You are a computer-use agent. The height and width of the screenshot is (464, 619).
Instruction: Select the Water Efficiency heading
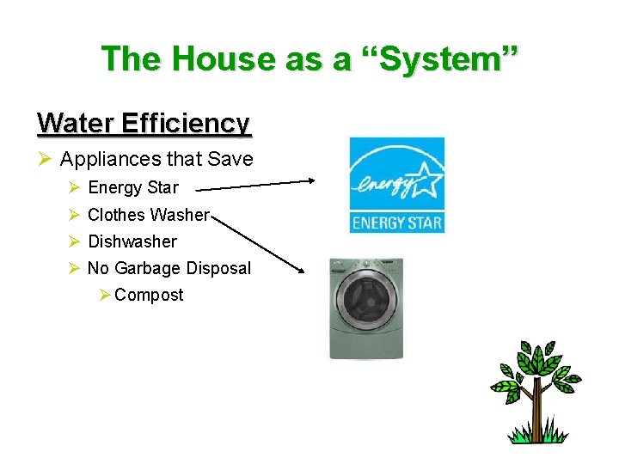(144, 124)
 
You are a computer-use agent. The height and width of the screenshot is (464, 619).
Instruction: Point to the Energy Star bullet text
(133, 187)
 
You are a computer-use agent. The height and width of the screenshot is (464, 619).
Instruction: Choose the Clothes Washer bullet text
(148, 215)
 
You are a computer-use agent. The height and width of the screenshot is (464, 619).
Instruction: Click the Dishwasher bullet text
(132, 241)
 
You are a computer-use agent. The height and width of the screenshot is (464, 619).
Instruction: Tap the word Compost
(149, 295)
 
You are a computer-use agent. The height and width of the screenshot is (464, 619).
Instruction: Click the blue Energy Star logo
(396, 185)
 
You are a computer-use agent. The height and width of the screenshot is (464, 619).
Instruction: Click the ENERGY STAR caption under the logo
(396, 223)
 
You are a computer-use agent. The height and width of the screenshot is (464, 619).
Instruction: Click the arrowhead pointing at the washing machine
(300, 270)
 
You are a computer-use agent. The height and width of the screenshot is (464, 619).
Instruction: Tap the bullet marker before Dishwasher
(74, 241)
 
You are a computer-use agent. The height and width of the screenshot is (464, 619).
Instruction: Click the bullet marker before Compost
(104, 295)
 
